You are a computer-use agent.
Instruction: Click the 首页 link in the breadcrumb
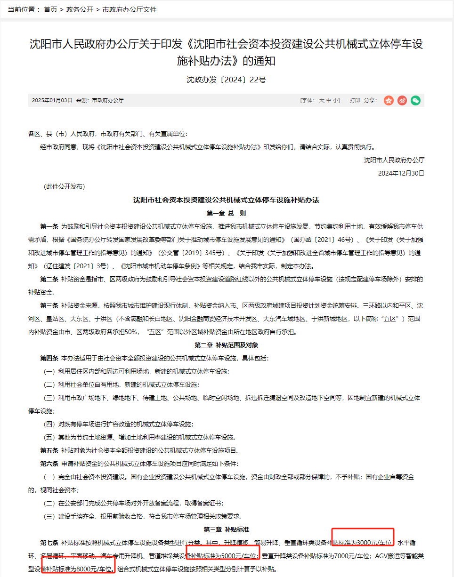[50, 9]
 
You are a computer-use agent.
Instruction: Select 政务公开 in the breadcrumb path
[79, 9]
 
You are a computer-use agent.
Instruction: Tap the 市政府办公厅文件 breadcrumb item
[130, 9]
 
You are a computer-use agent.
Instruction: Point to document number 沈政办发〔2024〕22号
[226, 80]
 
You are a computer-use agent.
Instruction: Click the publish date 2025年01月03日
[52, 100]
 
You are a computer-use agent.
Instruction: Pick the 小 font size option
[335, 100]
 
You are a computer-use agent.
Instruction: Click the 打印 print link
[355, 100]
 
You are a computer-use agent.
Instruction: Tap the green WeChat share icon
[415, 100]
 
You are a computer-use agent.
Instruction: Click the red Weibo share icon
[402, 100]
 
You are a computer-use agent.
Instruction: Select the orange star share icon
[389, 100]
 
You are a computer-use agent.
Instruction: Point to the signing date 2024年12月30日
[401, 173]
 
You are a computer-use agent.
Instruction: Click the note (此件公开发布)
[64, 186]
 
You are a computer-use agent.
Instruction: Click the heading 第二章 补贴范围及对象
[226, 345]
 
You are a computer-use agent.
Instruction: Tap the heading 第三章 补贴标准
[226, 529]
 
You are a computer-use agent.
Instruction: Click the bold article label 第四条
[49, 358]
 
